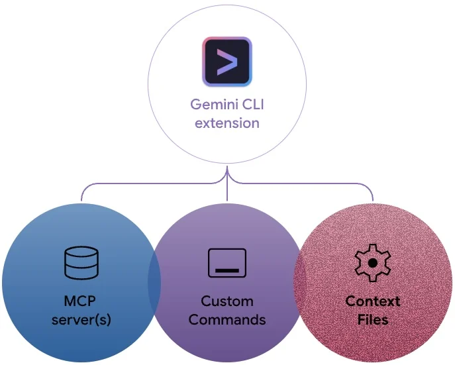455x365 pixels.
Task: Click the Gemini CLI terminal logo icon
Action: pyautogui.click(x=227, y=62)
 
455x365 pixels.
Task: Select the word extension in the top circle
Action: pyautogui.click(x=227, y=123)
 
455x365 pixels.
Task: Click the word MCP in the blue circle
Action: pyautogui.click(x=81, y=301)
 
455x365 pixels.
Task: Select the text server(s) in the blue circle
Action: pyautogui.click(x=81, y=320)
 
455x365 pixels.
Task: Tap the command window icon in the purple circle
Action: pyautogui.click(x=227, y=262)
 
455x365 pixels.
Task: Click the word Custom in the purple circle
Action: pyautogui.click(x=227, y=301)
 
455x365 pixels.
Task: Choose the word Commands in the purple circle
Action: pyautogui.click(x=227, y=320)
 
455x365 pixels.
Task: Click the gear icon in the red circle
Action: pyautogui.click(x=373, y=262)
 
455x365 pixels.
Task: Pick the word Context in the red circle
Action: pyautogui.click(x=373, y=301)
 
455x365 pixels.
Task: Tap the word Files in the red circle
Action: pyautogui.click(x=373, y=320)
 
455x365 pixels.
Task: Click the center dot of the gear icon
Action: pyautogui.click(x=373, y=262)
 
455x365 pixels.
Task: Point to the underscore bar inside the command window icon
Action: pyautogui.click(x=227, y=270)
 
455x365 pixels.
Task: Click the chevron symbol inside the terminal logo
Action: pyautogui.click(x=227, y=62)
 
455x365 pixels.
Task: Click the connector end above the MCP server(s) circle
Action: pyautogui.click(x=81, y=197)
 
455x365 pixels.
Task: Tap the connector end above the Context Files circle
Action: pyautogui.click(x=373, y=197)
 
